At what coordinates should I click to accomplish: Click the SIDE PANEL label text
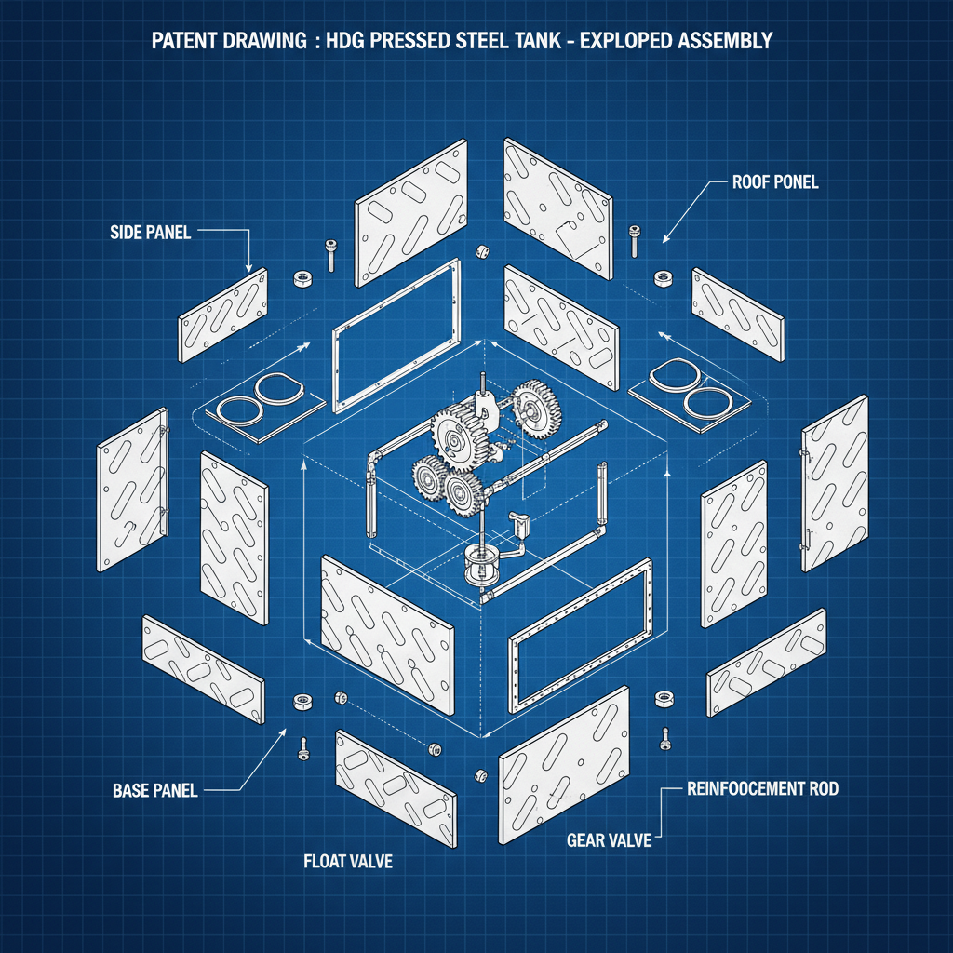pos(150,233)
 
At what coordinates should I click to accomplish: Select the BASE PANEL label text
pos(154,791)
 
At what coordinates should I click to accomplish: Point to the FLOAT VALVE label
pos(348,862)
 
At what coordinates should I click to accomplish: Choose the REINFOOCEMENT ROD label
pos(762,789)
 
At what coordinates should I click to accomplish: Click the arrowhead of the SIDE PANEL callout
pos(250,269)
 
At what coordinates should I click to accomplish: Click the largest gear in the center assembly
pos(462,437)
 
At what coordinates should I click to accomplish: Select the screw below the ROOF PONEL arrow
pos(635,239)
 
